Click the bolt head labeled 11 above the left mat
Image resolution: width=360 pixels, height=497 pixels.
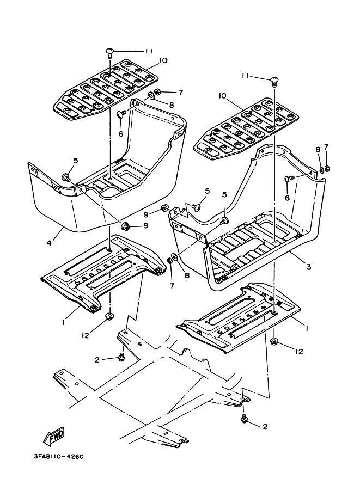[x=109, y=52]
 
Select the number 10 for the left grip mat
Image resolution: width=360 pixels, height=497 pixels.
[x=148, y=60]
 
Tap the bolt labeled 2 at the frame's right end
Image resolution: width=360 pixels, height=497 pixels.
[x=244, y=418]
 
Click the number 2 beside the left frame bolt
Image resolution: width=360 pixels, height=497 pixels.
[x=97, y=360]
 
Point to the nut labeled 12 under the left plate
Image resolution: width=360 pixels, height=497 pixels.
[x=109, y=316]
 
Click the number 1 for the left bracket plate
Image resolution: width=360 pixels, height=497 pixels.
[x=64, y=322]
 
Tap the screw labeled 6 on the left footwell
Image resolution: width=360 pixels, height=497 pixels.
[x=121, y=114]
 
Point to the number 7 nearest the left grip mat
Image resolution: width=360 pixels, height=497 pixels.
[x=165, y=92]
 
